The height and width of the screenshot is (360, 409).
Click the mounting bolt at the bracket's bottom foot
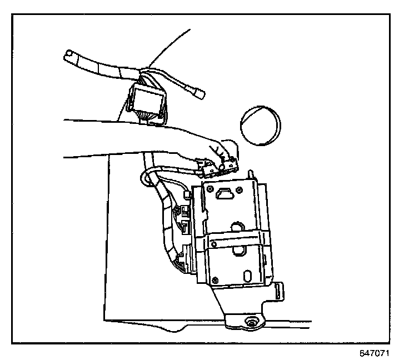point(251,322)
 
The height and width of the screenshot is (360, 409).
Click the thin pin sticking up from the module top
point(254,174)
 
